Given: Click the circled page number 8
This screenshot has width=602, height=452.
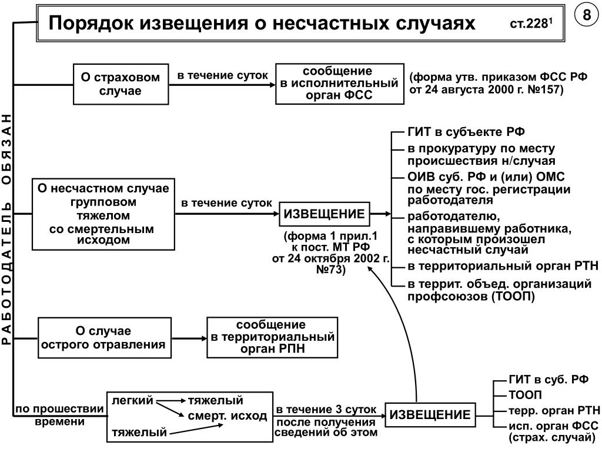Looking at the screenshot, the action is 587,15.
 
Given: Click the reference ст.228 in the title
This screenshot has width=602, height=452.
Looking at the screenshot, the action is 531,24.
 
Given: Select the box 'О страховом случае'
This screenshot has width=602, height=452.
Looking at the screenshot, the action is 121,84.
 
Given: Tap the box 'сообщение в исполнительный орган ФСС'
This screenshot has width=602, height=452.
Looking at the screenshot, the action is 340,84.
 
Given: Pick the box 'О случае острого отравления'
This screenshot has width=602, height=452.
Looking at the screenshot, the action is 105,338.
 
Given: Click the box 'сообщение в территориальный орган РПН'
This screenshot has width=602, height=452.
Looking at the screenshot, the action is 272,337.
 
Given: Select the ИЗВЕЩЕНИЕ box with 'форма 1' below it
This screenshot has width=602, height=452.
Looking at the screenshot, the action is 324,214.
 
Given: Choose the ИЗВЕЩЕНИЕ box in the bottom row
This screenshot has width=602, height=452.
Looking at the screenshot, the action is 430,415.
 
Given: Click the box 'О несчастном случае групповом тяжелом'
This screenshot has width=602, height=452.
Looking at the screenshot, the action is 103,214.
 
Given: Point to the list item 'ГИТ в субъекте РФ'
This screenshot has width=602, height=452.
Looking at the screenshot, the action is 466,132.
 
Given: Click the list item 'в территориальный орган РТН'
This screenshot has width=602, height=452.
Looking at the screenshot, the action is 503,266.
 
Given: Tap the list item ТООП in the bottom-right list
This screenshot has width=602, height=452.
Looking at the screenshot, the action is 525,395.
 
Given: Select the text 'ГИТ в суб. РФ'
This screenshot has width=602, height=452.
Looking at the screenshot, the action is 549,380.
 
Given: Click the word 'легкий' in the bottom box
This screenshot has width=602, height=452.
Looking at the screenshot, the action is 132,400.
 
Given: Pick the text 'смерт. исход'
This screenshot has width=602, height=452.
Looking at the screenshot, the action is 228,416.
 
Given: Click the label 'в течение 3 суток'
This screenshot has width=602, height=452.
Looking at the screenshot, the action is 326,410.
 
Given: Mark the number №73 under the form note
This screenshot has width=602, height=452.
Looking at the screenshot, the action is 330,270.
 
